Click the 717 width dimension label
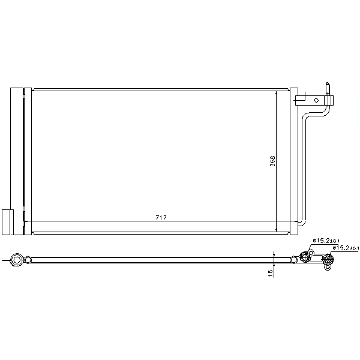pyautogui.click(x=161, y=217)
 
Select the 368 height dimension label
pyautogui.click(x=272, y=161)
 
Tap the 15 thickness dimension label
pyautogui.click(x=271, y=273)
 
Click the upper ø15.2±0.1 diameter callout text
pyautogui.click(x=326, y=241)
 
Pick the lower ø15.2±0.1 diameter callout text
pyautogui.click(x=346, y=248)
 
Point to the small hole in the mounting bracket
pyautogui.click(x=316, y=100)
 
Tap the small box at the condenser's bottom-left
pyautogui.click(x=8, y=222)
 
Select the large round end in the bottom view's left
pyautogui.click(x=17, y=260)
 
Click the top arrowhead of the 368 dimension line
pyautogui.click(x=277, y=93)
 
